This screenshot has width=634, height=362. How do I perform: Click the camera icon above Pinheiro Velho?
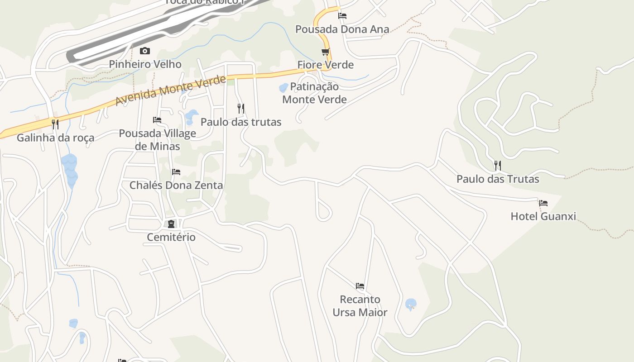(x=145, y=51)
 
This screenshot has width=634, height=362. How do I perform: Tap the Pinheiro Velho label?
(x=145, y=64)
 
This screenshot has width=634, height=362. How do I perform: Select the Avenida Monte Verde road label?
(x=170, y=90)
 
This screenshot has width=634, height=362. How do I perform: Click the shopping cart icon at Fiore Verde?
(x=325, y=52)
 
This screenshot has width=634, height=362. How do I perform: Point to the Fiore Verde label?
(x=325, y=65)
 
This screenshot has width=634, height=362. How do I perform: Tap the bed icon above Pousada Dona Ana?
(x=342, y=16)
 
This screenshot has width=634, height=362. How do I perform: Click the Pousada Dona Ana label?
(x=342, y=29)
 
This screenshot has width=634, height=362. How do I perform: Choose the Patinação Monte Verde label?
(x=314, y=93)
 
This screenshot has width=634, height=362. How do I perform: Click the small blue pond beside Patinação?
(x=283, y=88)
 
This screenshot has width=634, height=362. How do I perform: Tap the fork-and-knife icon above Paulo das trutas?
(x=241, y=109)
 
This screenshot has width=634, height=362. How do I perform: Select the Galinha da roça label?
(x=55, y=138)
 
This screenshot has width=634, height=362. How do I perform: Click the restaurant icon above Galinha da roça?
(x=55, y=124)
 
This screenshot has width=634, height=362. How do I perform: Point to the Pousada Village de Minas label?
(x=158, y=140)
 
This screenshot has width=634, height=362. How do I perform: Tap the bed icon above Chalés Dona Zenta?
(x=176, y=172)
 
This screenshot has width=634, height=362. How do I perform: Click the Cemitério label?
(x=171, y=237)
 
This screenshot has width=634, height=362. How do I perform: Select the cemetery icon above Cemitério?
(x=171, y=224)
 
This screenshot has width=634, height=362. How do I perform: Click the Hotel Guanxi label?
(x=543, y=216)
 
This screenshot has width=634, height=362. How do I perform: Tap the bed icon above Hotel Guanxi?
(x=543, y=203)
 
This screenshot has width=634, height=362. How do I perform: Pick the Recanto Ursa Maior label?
(x=360, y=306)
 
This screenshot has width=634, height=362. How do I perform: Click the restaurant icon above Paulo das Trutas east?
(x=497, y=165)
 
